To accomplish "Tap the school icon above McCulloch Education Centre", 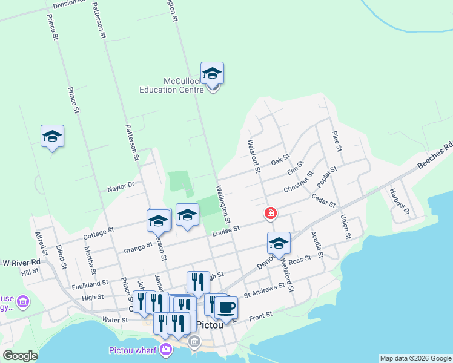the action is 212,74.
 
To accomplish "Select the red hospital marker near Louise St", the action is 270,214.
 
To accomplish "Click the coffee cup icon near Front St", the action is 226,308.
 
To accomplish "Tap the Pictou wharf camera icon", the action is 165,349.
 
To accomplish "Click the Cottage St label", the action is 99,232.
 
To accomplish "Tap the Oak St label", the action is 280,160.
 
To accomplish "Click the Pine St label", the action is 337,139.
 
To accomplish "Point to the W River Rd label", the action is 21,263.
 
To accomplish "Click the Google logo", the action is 20,356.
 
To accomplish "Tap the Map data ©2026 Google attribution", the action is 415,358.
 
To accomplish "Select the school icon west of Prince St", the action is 52,137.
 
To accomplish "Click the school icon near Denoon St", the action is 279,243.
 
